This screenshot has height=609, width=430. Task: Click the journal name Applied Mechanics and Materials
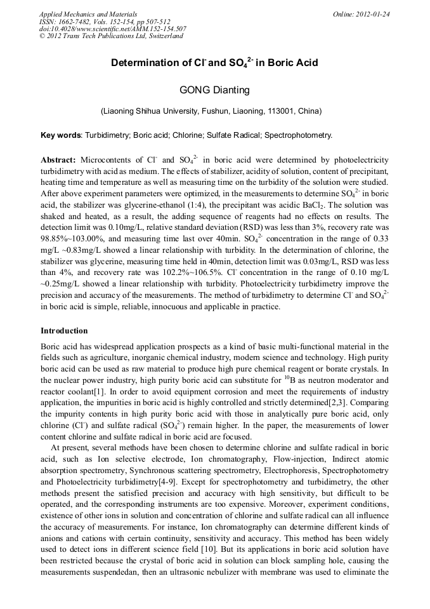(88, 13)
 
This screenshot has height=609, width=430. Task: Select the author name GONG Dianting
(214, 90)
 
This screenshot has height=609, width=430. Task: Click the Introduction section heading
(64, 331)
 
